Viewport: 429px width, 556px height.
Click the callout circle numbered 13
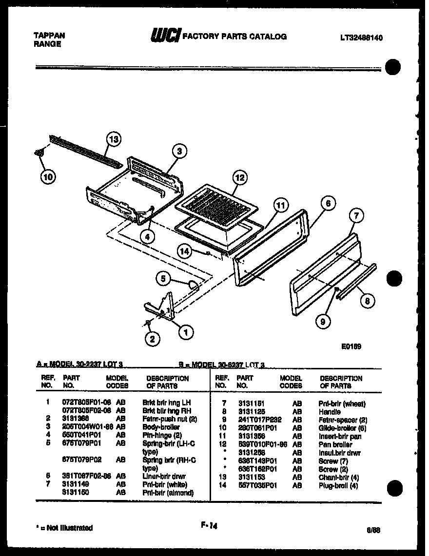click(113, 140)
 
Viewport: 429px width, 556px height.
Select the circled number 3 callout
click(180, 152)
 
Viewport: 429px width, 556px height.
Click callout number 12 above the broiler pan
click(239, 178)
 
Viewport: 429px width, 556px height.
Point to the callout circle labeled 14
click(184, 251)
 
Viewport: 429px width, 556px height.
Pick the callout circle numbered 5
click(164, 279)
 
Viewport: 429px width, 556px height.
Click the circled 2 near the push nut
click(153, 340)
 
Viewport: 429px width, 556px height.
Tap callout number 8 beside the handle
click(367, 302)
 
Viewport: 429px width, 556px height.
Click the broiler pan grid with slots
click(217, 205)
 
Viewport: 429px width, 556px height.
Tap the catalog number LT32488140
click(361, 38)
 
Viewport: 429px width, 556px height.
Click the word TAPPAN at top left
click(49, 36)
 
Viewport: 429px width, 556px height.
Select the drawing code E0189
click(351, 347)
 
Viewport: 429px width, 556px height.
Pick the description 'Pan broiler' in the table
click(335, 444)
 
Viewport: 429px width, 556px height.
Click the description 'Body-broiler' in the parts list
click(161, 427)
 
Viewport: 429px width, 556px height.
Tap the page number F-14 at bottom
click(208, 525)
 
